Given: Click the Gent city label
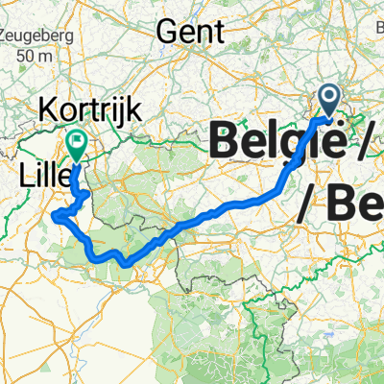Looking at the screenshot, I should pyautogui.click(x=190, y=31).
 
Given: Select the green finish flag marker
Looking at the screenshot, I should pyautogui.click(x=76, y=145).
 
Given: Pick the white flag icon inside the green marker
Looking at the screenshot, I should pyautogui.click(x=76, y=140).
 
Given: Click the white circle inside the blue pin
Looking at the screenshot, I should pyautogui.click(x=328, y=95).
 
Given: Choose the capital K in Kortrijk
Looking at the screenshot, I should pyautogui.click(x=48, y=108).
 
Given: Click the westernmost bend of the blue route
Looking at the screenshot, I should pyautogui.click(x=57, y=216).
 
